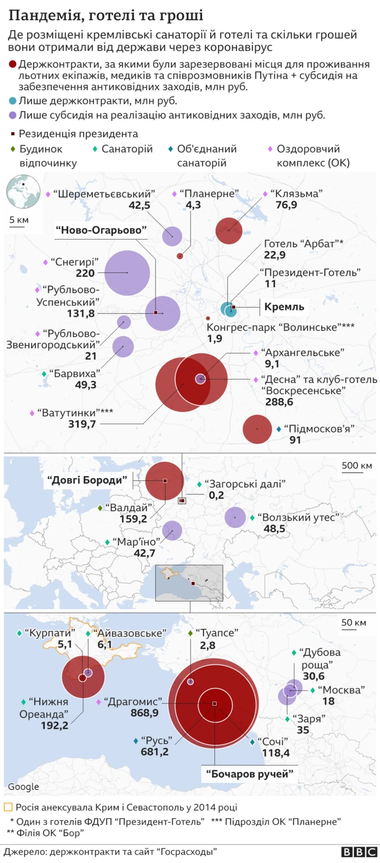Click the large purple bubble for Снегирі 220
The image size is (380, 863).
127,273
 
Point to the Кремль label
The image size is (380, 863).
284,307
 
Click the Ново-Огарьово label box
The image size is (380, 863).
101,230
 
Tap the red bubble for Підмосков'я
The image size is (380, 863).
258,429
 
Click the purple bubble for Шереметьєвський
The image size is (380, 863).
172,236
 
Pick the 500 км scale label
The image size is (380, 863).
357,466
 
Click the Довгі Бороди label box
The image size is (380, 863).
87,480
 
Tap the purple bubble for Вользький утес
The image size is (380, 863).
235,517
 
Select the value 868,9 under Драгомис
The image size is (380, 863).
144,712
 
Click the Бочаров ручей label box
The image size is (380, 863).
250,773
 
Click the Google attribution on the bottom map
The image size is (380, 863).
23,786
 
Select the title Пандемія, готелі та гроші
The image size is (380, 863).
106,15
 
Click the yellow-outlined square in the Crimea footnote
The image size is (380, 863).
8,807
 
